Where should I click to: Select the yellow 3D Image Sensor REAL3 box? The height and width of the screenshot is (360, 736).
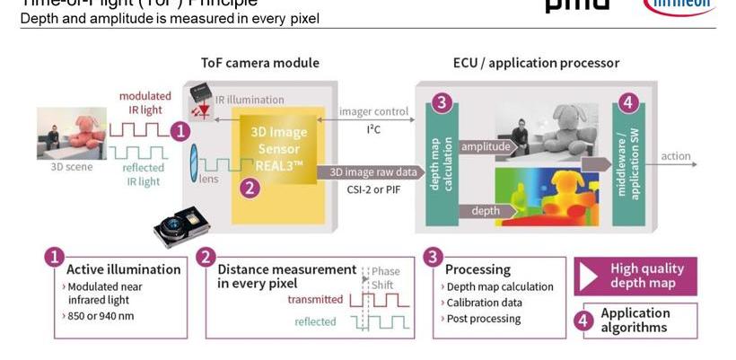coord(278,153)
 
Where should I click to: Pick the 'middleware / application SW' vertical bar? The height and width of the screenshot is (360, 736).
coord(628,162)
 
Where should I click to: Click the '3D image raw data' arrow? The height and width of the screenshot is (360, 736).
coord(373,172)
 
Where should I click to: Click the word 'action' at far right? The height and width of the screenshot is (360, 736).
coord(676,156)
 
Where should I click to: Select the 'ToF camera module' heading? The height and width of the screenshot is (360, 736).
coord(259,63)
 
